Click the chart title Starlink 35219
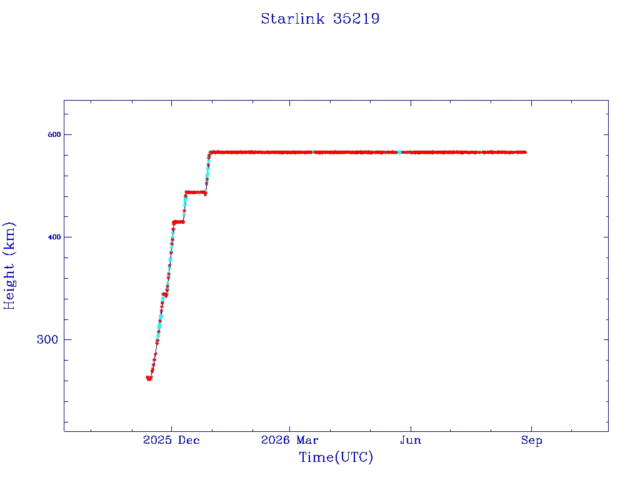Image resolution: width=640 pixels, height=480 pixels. (320, 19)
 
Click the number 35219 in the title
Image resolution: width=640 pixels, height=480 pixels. (356, 19)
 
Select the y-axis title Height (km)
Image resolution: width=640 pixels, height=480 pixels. (9, 266)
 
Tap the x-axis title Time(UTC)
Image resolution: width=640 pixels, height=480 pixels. (336, 457)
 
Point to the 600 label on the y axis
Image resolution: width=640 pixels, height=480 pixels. (54, 134)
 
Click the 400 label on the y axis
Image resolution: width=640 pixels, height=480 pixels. (54, 237)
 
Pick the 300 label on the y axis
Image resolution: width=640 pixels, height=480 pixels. (47, 339)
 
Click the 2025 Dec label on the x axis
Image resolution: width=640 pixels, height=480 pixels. (171, 440)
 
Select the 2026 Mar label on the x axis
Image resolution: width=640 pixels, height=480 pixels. (289, 440)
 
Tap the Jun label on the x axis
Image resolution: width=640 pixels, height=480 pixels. (411, 440)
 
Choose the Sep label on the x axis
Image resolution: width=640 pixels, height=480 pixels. (531, 440)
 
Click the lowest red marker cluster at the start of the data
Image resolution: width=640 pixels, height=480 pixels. (149, 378)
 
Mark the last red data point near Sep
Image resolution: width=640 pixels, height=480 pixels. (524, 152)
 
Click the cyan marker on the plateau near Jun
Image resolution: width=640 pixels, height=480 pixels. (399, 152)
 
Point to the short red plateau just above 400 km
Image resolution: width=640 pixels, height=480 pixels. (178, 222)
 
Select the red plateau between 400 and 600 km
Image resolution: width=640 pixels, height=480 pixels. (196, 192)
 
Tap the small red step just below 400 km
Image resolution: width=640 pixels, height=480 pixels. (164, 294)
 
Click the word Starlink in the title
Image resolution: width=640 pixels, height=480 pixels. (292, 19)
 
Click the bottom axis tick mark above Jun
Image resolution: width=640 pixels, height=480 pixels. (411, 429)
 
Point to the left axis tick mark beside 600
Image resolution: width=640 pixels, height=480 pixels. (66, 134)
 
